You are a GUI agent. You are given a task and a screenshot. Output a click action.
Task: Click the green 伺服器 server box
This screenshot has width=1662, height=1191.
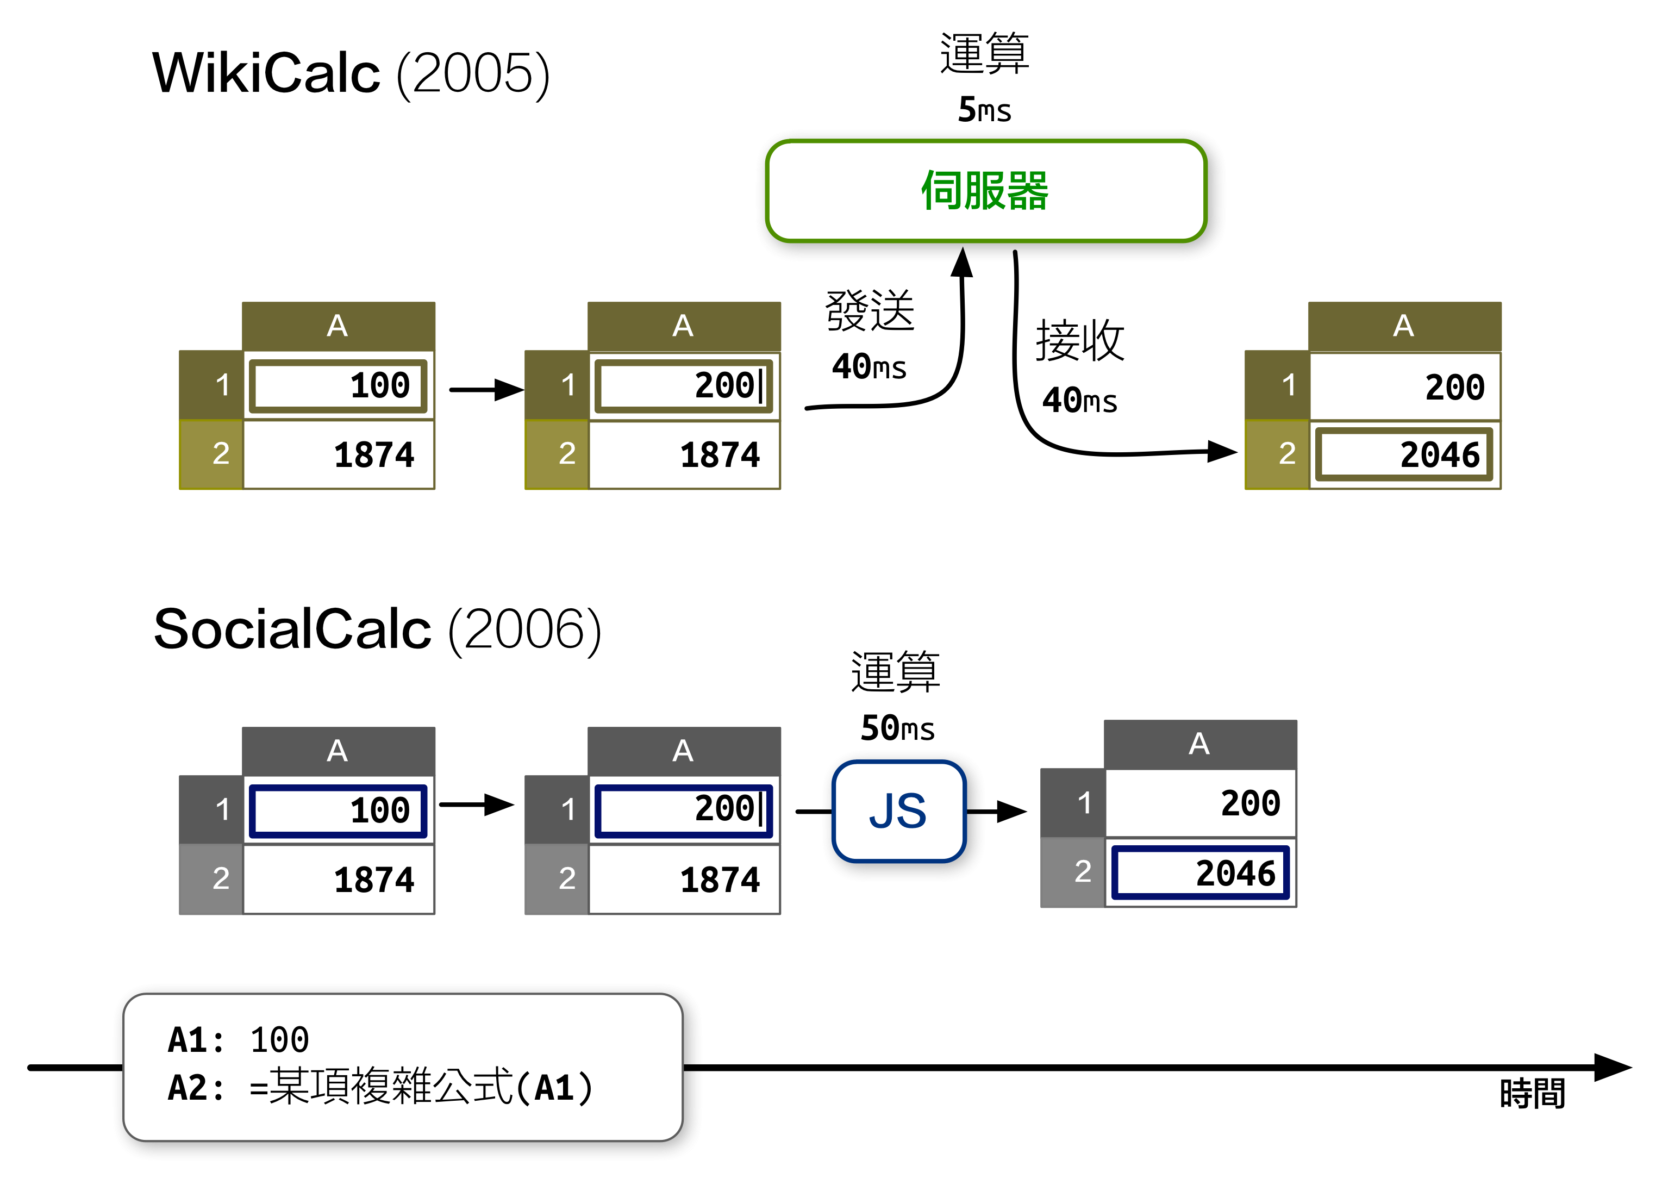[985, 191]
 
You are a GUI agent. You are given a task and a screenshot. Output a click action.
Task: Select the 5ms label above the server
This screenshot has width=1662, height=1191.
[984, 110]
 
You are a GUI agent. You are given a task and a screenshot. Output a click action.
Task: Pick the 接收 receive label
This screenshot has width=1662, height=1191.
[1079, 341]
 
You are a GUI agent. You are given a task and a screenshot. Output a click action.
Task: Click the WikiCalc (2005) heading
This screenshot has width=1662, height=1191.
[350, 73]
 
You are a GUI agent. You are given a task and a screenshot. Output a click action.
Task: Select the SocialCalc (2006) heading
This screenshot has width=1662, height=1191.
[377, 629]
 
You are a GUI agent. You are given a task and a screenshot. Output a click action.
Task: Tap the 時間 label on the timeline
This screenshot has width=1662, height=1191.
[1532, 1094]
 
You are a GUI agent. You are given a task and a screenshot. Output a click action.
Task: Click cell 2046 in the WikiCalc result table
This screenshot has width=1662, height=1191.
[1404, 454]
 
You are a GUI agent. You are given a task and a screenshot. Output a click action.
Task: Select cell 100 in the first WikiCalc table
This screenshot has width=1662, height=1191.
[338, 385]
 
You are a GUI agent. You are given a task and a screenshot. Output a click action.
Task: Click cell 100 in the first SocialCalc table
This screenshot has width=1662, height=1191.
[338, 810]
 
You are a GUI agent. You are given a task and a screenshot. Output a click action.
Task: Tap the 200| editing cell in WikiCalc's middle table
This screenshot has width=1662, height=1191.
[683, 385]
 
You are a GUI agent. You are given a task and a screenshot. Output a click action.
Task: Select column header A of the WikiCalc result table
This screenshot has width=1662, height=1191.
[1404, 326]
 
